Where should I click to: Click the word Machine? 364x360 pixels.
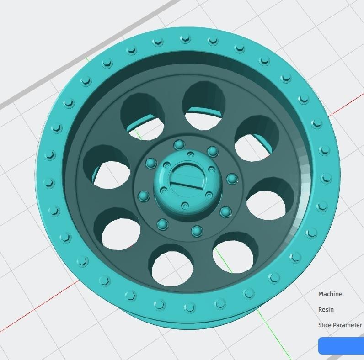[330, 294]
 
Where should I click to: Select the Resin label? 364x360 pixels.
[326, 310]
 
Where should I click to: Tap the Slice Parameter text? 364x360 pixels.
[340, 325]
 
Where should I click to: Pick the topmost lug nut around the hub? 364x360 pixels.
[178, 145]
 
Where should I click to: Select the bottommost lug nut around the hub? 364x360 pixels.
[197, 231]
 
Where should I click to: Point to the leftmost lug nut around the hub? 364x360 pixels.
[143, 196]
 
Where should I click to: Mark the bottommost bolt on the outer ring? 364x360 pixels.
[187, 307]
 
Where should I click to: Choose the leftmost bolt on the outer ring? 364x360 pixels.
[48, 184]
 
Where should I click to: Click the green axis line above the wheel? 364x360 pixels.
[87, 59]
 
